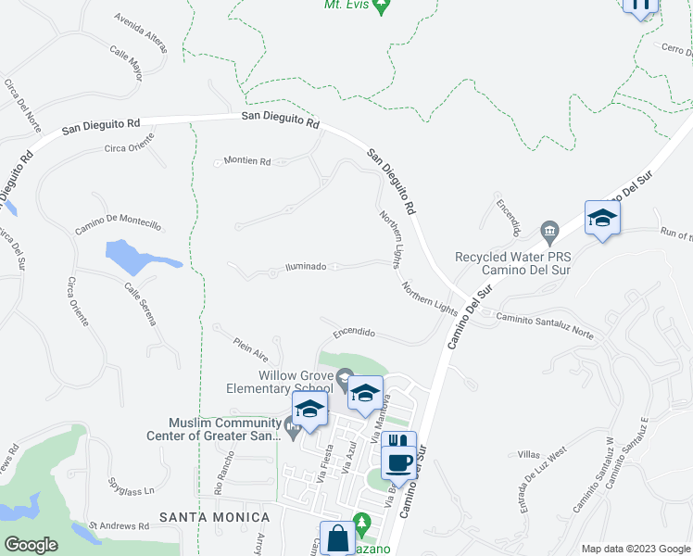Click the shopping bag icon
(336, 537)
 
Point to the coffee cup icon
(399, 461)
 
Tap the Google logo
(31, 544)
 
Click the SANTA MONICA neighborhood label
(214, 516)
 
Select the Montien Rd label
(246, 161)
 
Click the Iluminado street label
(305, 267)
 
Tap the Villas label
(529, 454)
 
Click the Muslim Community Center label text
(214, 429)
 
